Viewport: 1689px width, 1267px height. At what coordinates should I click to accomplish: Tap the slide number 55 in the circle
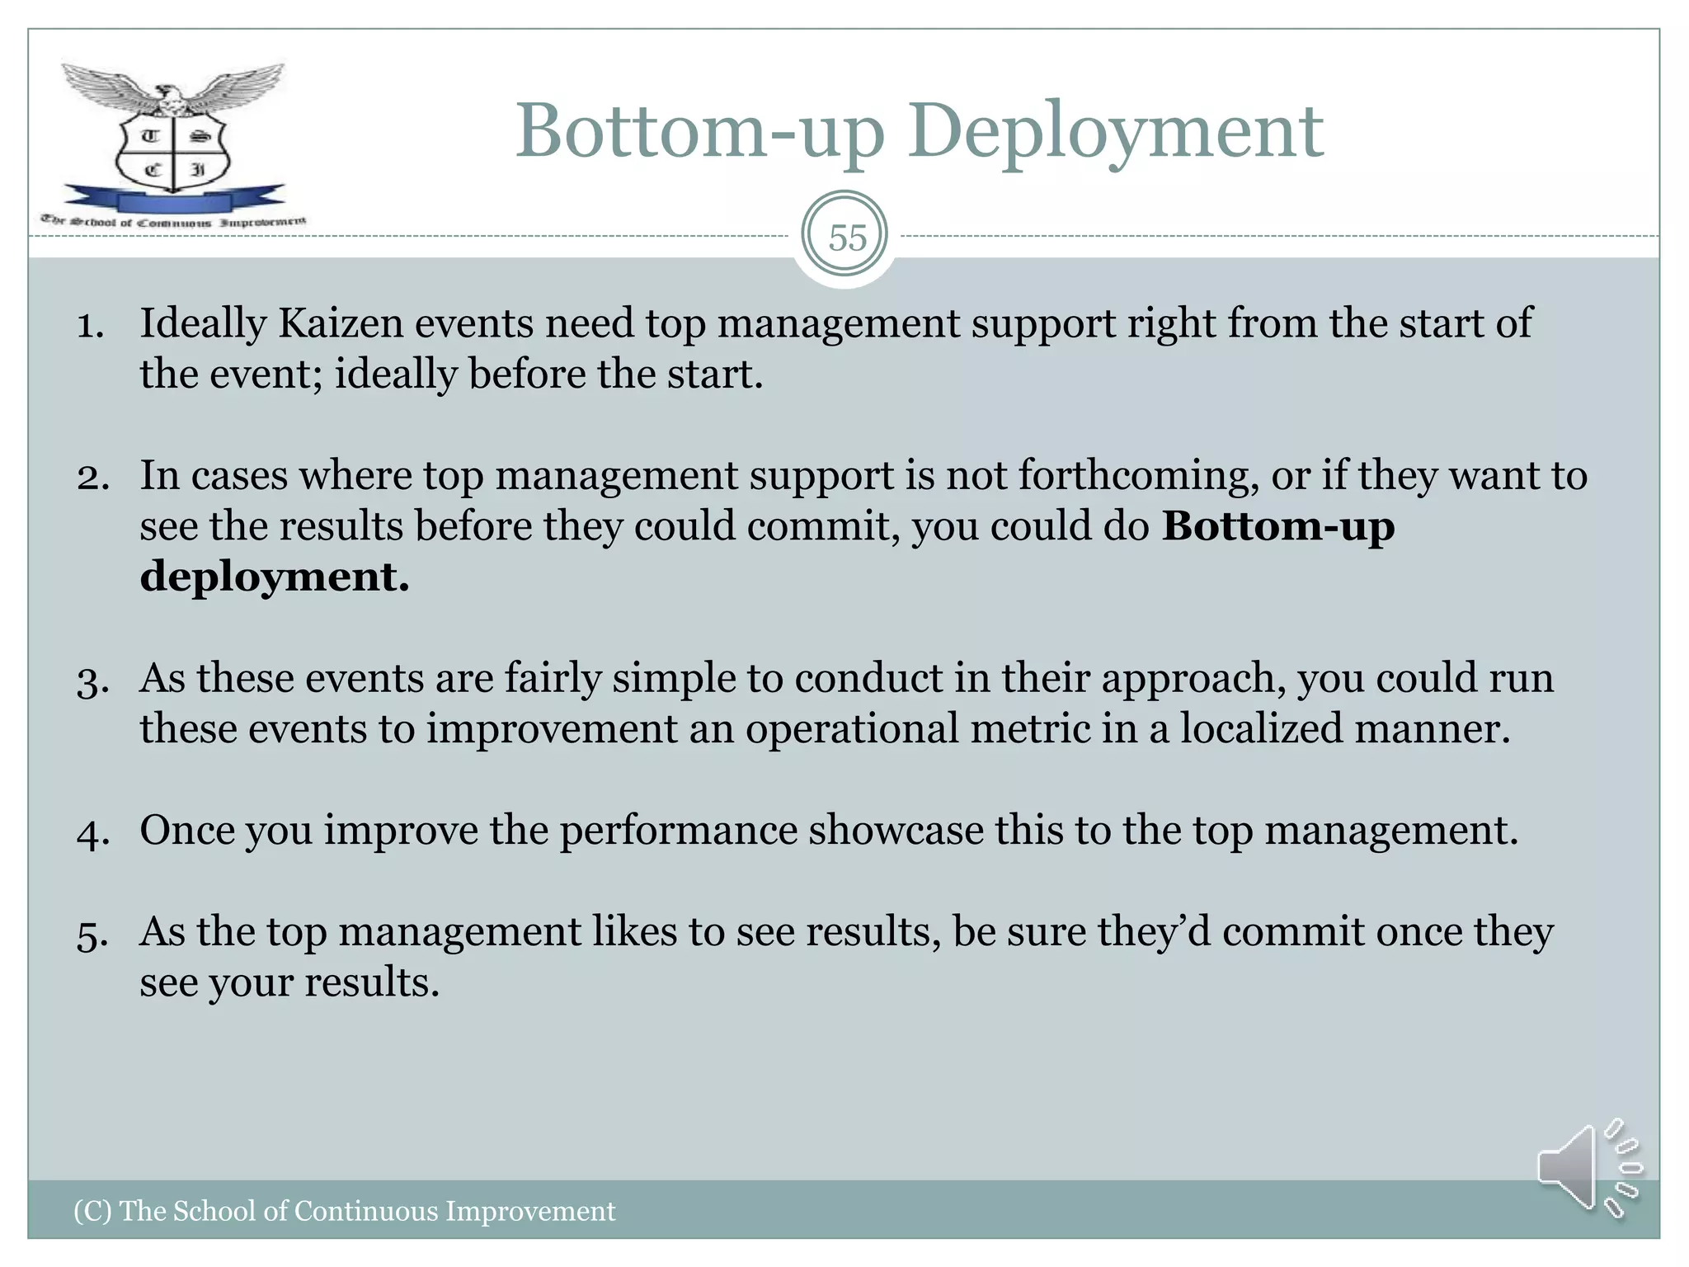click(x=847, y=238)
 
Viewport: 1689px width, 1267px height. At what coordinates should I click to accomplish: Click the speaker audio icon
click(x=1588, y=1167)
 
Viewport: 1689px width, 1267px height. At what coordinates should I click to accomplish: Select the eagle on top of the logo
click(x=173, y=91)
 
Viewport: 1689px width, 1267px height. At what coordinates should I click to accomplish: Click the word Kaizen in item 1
click(x=340, y=323)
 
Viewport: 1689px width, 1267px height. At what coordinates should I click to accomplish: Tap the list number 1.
click(x=91, y=325)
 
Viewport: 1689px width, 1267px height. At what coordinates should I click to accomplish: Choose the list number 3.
click(x=92, y=681)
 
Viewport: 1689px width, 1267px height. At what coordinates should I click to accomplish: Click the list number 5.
click(x=92, y=935)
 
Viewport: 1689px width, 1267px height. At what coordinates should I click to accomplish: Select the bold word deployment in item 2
click(x=274, y=577)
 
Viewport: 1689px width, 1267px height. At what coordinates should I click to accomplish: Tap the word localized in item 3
click(x=1261, y=729)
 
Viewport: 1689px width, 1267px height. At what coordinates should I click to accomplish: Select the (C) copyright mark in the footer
click(x=92, y=1211)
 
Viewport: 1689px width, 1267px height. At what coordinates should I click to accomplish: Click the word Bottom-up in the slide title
click(x=700, y=132)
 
